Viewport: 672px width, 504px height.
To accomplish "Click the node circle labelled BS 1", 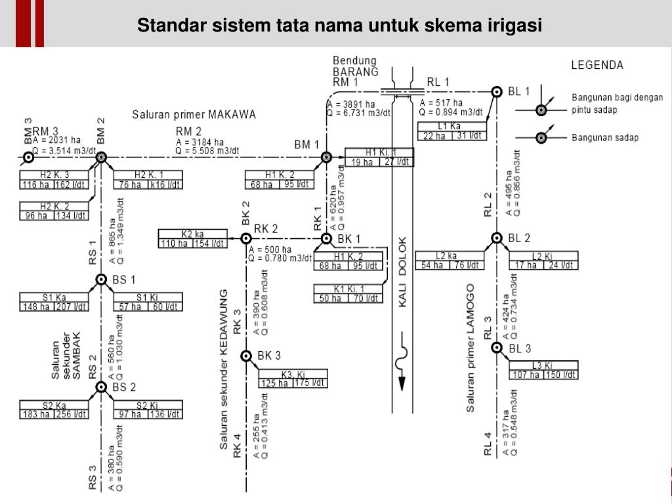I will (x=101, y=280).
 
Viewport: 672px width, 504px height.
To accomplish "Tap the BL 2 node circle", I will (x=497, y=238).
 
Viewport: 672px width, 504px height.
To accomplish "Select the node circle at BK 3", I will (x=246, y=356).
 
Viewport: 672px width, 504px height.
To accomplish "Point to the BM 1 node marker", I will (x=325, y=157).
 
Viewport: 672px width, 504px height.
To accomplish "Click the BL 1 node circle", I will (x=497, y=91).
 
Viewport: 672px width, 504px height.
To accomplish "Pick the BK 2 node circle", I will (x=246, y=238).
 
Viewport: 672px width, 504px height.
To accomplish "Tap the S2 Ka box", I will (x=54, y=409).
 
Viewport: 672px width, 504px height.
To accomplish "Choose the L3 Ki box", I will (x=544, y=370).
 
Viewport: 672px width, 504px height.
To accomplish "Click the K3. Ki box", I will (x=293, y=379).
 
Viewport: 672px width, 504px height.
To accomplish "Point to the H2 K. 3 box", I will (x=54, y=179).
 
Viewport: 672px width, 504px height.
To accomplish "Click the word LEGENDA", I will (x=597, y=66).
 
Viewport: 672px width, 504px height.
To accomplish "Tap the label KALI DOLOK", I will (x=404, y=272).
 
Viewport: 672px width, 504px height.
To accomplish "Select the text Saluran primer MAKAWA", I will (x=194, y=114).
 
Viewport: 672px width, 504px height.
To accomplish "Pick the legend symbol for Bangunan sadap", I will (x=541, y=137).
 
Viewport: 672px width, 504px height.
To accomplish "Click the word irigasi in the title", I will (x=514, y=26).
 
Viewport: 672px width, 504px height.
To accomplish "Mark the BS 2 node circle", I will (x=101, y=387).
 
